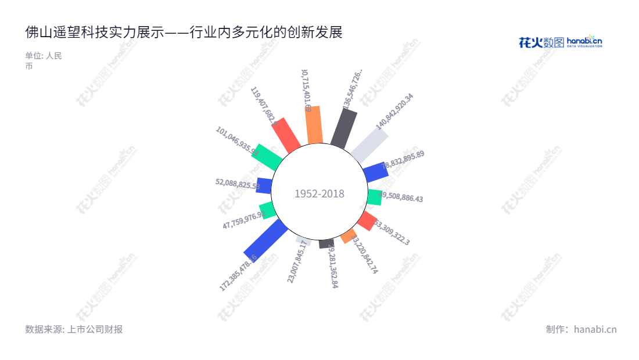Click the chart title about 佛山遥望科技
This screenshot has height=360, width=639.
click(184, 33)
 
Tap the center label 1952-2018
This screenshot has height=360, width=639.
click(319, 194)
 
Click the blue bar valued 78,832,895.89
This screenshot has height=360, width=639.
click(376, 172)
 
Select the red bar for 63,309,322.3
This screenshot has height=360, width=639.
click(367, 221)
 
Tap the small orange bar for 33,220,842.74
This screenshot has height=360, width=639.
click(348, 235)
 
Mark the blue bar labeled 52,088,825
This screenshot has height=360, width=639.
click(264, 185)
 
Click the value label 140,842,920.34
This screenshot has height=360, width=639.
click(394, 111)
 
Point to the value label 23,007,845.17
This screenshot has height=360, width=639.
click(297, 261)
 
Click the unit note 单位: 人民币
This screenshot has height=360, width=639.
click(43, 61)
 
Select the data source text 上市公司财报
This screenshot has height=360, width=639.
click(74, 329)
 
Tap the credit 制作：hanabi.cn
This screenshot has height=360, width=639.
click(581, 329)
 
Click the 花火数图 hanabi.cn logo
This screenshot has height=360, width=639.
click(560, 42)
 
